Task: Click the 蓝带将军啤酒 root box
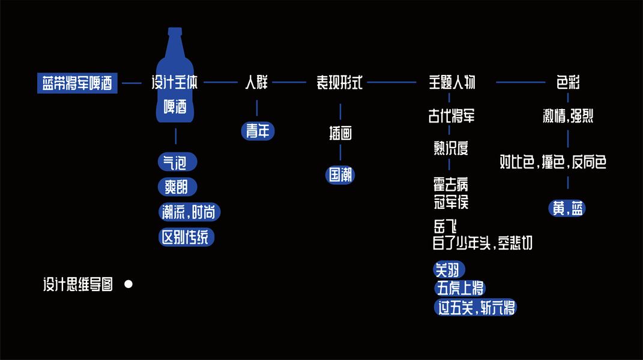(77, 83)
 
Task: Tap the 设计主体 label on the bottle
(175, 83)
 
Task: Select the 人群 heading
(256, 83)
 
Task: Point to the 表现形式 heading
(340, 83)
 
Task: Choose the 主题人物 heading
(451, 83)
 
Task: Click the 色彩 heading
(568, 83)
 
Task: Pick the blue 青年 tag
(258, 131)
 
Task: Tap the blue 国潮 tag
(340, 175)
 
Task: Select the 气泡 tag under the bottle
(176, 162)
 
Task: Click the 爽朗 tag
(177, 187)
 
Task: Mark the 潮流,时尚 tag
(190, 212)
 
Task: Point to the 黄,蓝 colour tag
(567, 208)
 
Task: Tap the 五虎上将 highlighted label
(459, 289)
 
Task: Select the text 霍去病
(451, 184)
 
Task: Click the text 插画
(340, 133)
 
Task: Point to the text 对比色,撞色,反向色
(553, 162)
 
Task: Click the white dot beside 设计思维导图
(128, 284)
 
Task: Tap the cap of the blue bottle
(175, 31)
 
